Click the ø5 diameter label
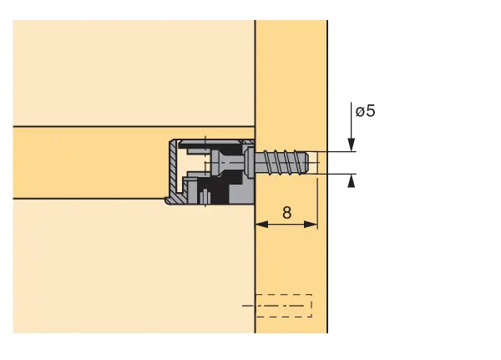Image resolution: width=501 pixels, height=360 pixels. (x=365, y=111)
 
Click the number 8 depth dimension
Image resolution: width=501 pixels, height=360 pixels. (x=287, y=213)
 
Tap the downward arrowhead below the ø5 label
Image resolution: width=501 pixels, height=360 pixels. (x=352, y=145)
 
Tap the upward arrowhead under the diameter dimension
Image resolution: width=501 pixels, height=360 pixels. (x=352, y=181)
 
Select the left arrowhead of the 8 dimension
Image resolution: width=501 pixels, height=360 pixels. (x=262, y=225)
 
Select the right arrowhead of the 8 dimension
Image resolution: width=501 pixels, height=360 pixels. (x=311, y=225)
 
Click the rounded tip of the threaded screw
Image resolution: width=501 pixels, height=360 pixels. (x=306, y=162)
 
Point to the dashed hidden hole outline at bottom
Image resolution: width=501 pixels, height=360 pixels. (x=284, y=306)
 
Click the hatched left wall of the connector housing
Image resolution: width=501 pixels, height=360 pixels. (x=173, y=168)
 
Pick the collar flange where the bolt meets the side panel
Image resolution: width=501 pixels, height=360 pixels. (x=250, y=163)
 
